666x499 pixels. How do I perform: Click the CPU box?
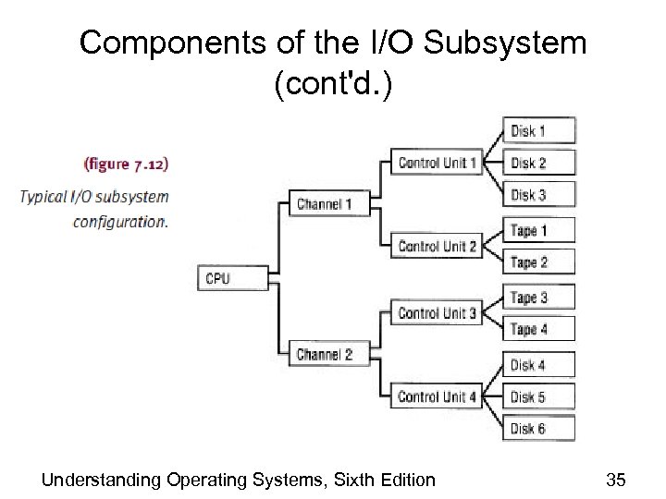[233, 278]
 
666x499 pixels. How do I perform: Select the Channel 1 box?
[325, 204]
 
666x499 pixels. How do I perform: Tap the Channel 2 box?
[325, 355]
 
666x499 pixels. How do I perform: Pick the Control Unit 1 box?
[437, 164]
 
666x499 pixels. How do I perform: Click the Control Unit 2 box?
[437, 247]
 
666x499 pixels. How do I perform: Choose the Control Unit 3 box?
[437, 313]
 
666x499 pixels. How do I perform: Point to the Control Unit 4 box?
[437, 397]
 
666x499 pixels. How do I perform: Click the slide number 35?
[615, 479]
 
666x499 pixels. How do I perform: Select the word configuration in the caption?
[121, 222]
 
